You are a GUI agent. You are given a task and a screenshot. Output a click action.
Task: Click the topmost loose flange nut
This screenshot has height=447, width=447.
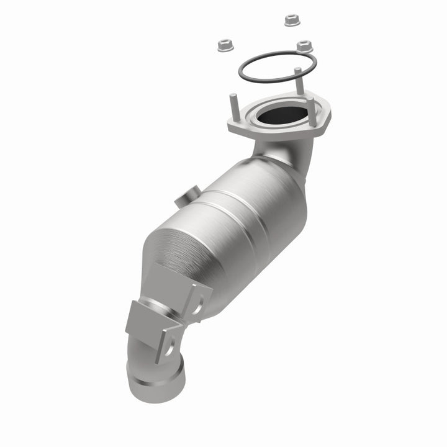pos(291,20)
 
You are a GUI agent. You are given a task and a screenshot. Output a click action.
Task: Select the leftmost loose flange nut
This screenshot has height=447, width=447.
pos(224,45)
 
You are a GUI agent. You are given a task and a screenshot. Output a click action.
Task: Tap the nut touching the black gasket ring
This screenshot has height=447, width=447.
pos(304,46)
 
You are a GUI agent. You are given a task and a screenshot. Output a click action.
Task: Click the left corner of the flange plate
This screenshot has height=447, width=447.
pos(233,127)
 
